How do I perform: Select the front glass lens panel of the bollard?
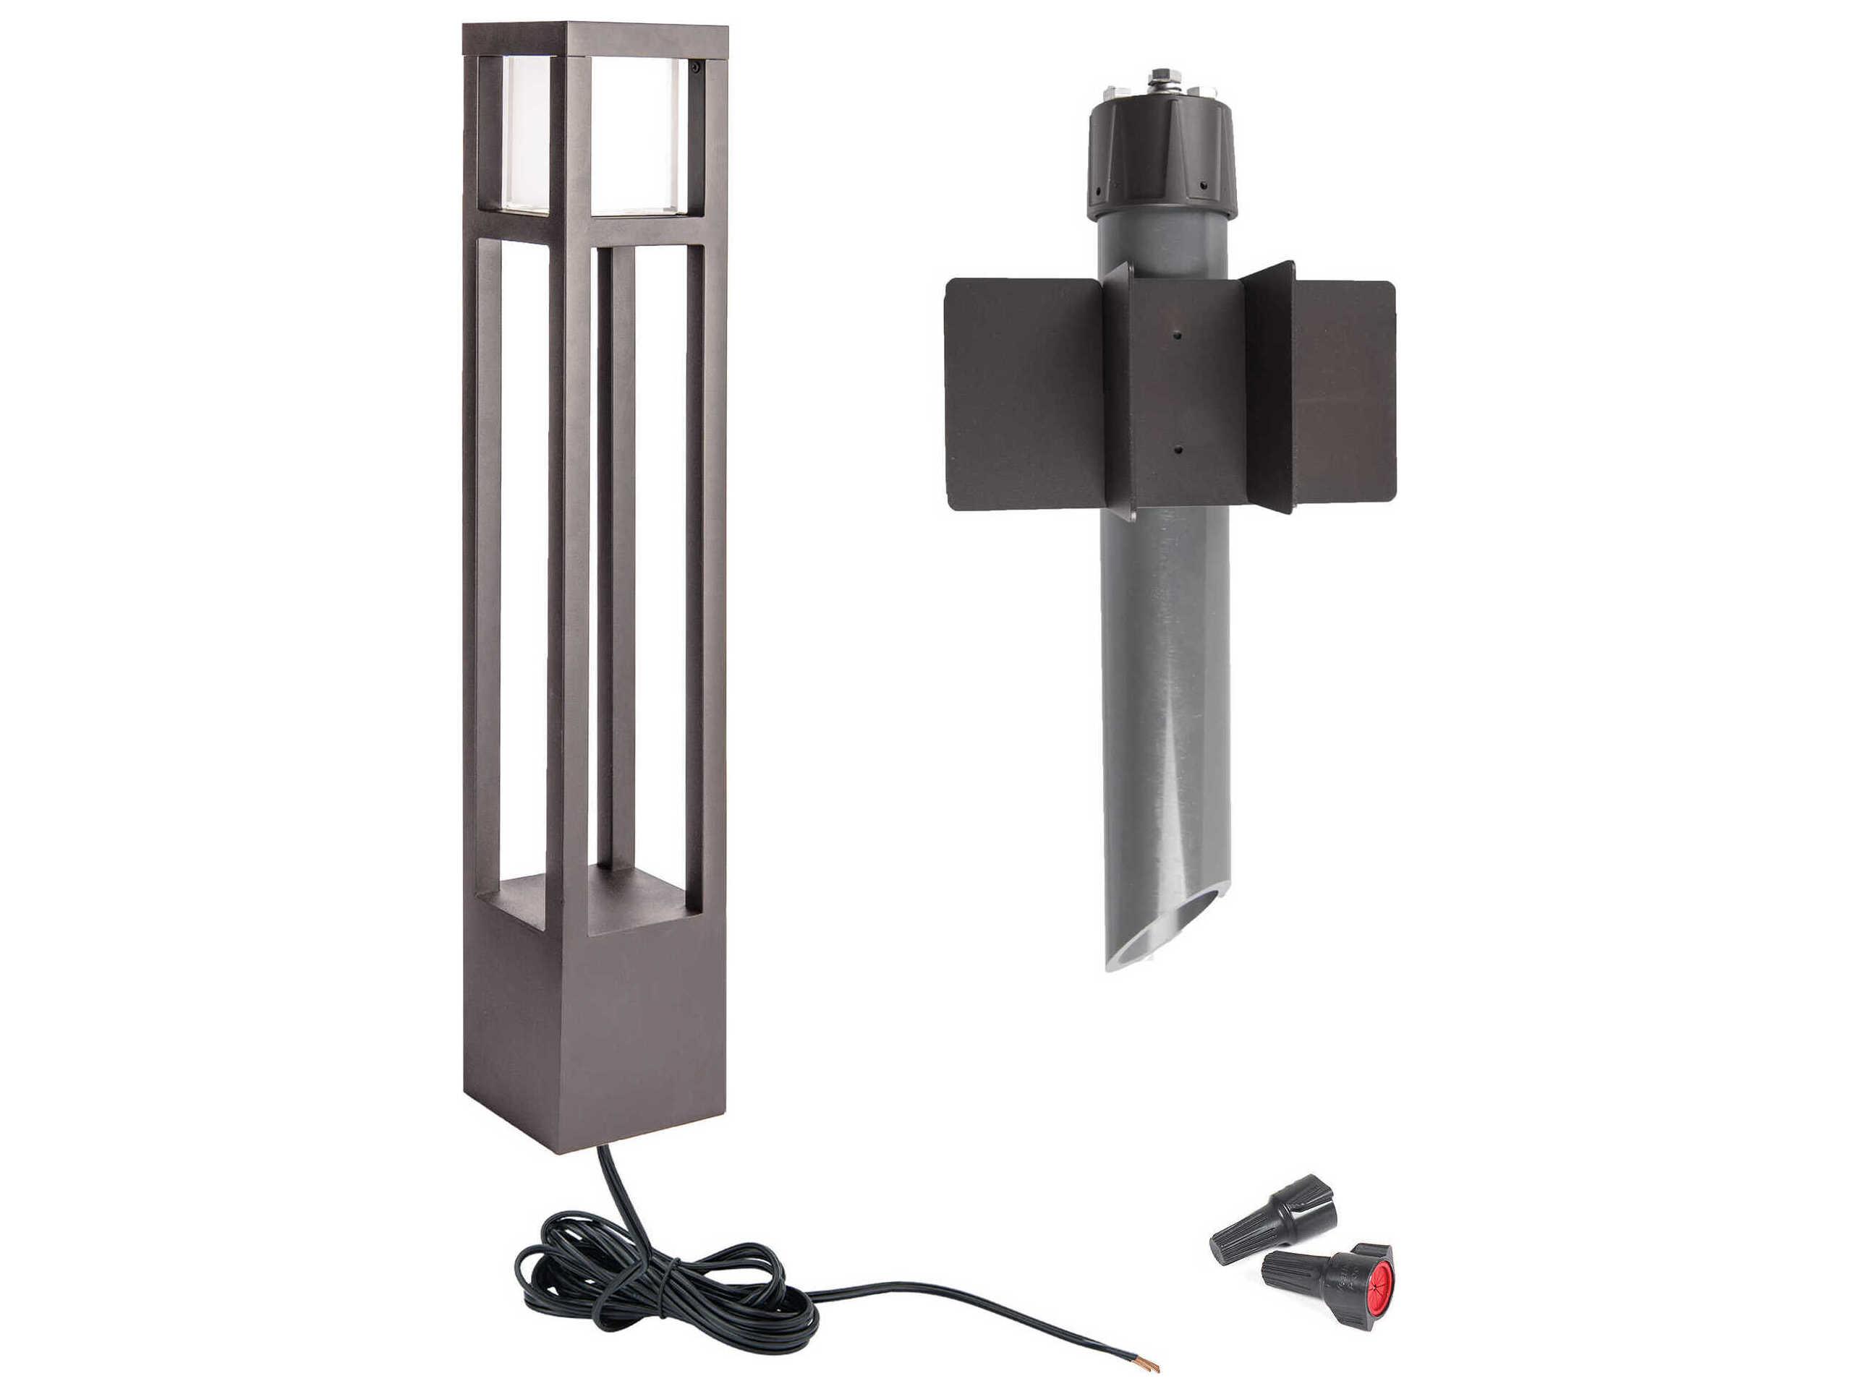point(639,134)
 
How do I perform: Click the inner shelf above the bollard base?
point(588,903)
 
